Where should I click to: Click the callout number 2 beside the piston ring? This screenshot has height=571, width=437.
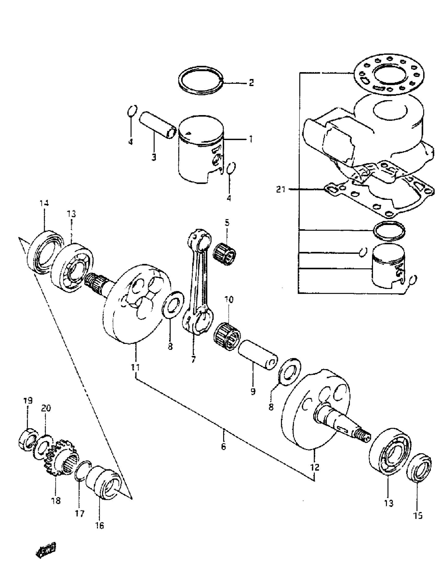click(251, 83)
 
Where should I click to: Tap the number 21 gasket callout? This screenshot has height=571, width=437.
click(281, 190)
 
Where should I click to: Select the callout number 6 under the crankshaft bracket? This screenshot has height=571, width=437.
click(223, 446)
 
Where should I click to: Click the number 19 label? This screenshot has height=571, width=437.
click(28, 400)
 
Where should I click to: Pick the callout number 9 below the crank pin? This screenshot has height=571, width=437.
click(253, 391)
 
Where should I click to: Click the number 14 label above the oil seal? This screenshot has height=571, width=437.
click(44, 203)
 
